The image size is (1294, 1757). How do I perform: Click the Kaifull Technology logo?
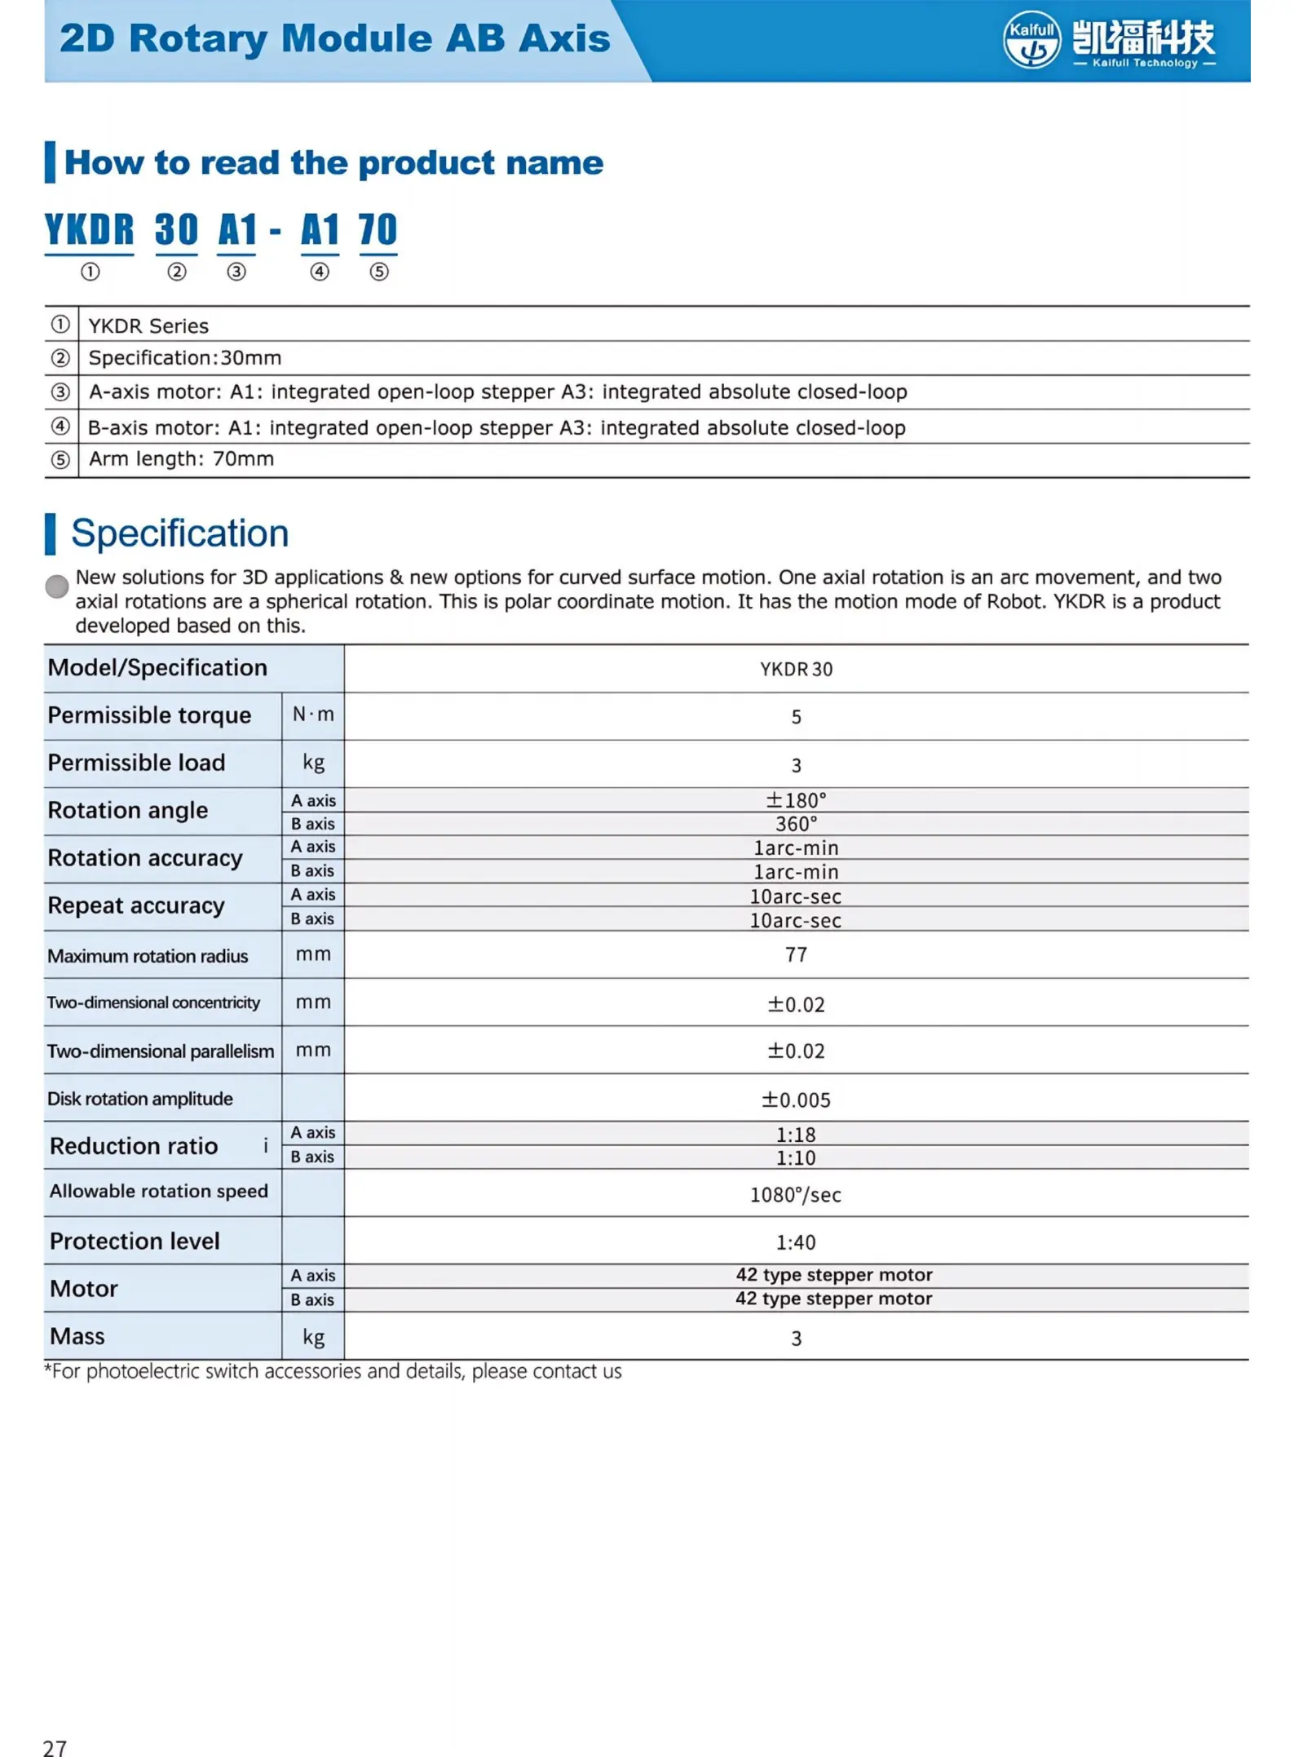pos(1108,40)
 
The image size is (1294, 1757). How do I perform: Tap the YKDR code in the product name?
pos(89,230)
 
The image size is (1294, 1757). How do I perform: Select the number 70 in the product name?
pos(378,230)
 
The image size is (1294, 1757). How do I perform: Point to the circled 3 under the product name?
pos(236,272)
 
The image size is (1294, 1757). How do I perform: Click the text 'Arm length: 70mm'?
pos(181,459)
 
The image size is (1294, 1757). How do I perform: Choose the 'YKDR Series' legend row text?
pos(148,326)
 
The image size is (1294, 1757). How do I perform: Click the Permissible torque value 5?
pos(796,717)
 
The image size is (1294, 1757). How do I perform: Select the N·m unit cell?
pos(313,715)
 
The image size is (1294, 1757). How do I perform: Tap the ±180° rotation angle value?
pos(796,800)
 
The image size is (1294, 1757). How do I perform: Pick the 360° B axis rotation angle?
pos(796,824)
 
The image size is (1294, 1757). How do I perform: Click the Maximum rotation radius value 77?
pos(796,954)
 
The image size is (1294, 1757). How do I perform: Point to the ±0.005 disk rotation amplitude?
pos(796,1100)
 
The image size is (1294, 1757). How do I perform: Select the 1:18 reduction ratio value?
pos(796,1134)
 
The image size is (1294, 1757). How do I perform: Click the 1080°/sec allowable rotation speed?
pos(796,1195)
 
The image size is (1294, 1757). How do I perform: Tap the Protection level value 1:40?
pos(796,1242)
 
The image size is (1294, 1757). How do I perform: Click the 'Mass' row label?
pos(77,1336)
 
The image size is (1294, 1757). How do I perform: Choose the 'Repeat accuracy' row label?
pos(136,905)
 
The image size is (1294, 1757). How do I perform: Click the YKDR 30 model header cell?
pos(796,670)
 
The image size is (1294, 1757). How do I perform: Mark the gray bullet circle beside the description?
pos(57,586)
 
